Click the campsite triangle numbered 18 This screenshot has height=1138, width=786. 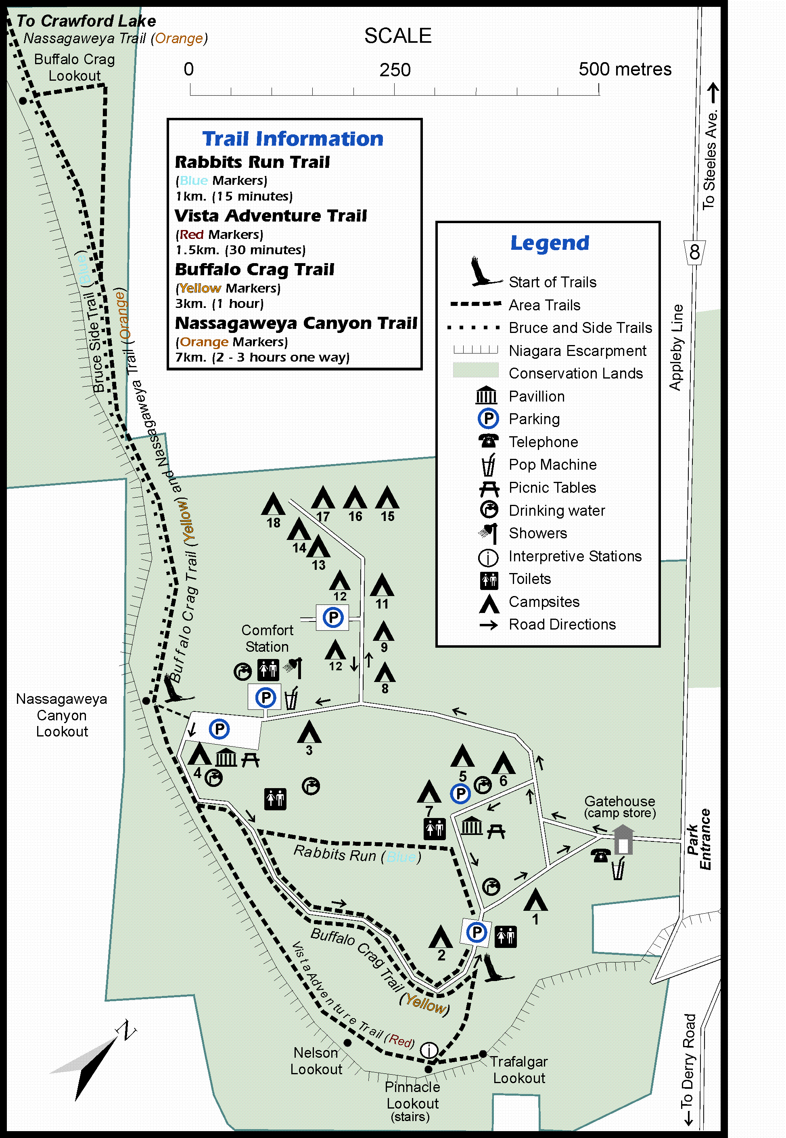pos(273,504)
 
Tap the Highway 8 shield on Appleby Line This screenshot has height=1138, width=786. pos(694,252)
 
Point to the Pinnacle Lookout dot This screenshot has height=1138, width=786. pos(429,1069)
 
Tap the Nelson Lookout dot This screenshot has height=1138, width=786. pos(347,1042)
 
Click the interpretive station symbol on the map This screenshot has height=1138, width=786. pos(429,1050)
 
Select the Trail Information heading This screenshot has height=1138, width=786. pos(293,139)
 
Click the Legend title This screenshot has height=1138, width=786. pos(550,243)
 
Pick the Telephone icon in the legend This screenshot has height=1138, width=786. pos(488,441)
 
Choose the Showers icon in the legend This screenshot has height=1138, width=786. pos(488,532)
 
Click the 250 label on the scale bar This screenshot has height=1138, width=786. pos(395,70)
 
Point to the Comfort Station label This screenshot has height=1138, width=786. pos(267,638)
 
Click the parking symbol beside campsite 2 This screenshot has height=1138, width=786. pos(476,932)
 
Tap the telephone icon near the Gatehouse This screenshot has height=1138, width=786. pos(600,856)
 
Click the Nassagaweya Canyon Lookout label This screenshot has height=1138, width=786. pos(62,715)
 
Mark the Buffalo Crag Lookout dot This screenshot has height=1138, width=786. pos(23,100)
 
